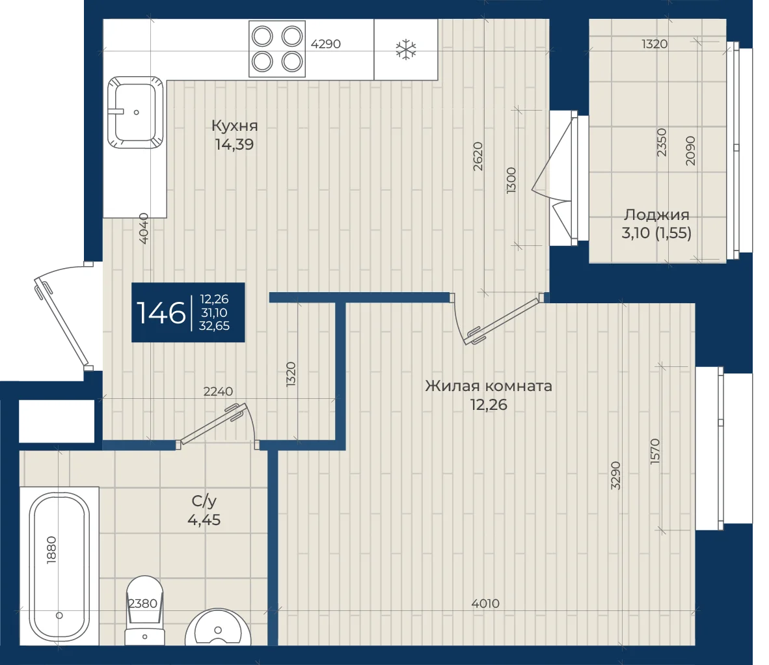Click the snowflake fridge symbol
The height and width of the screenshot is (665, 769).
tap(406, 49)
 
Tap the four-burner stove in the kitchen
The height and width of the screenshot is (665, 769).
tap(277, 49)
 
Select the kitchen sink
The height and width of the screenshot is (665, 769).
tap(135, 113)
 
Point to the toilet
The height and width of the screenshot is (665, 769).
tap(144, 610)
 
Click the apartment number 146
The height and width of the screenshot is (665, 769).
tap(161, 313)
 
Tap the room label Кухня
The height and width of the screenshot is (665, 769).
tap(234, 126)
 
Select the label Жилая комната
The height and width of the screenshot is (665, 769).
tap(489, 386)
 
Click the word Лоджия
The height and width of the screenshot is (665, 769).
tap(656, 215)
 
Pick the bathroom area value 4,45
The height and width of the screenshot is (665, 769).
tap(204, 520)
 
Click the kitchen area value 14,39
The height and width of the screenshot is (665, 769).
tap(234, 144)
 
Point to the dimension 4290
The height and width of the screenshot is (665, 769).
tap(326, 44)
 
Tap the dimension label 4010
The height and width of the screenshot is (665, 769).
tap(485, 604)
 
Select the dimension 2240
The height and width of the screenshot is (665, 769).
tap(218, 391)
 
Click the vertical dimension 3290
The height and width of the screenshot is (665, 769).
tap(616, 475)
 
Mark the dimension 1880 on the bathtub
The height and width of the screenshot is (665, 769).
tap(51, 550)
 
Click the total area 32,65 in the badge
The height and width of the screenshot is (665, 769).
tap(214, 325)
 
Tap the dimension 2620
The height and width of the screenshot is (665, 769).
tap(478, 156)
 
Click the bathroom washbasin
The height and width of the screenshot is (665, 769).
tap(218, 627)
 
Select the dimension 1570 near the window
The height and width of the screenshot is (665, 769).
tap(655, 452)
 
